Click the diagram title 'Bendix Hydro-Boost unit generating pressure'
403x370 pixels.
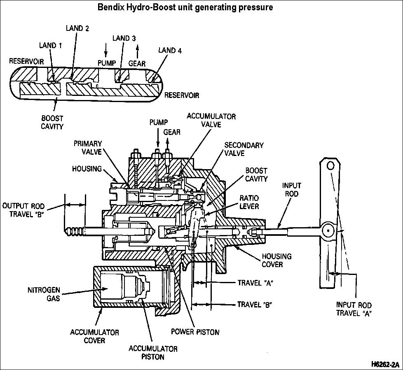pyautogui.click(x=185, y=7)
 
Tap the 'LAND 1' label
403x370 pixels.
pyautogui.click(x=50, y=45)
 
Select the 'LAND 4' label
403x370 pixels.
pyautogui.click(x=170, y=51)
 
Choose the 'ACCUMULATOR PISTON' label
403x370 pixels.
pyautogui.click(x=153, y=353)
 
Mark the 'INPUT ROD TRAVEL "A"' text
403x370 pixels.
pyautogui.click(x=354, y=309)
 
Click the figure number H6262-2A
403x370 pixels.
pyautogui.click(x=385, y=365)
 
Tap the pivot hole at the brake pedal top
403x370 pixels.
pyautogui.click(x=330, y=166)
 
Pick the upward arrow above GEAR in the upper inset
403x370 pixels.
pyautogui.click(x=138, y=50)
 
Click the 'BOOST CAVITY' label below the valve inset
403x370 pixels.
pyautogui.click(x=52, y=123)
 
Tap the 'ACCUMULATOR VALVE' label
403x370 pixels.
pyautogui.click(x=211, y=121)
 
